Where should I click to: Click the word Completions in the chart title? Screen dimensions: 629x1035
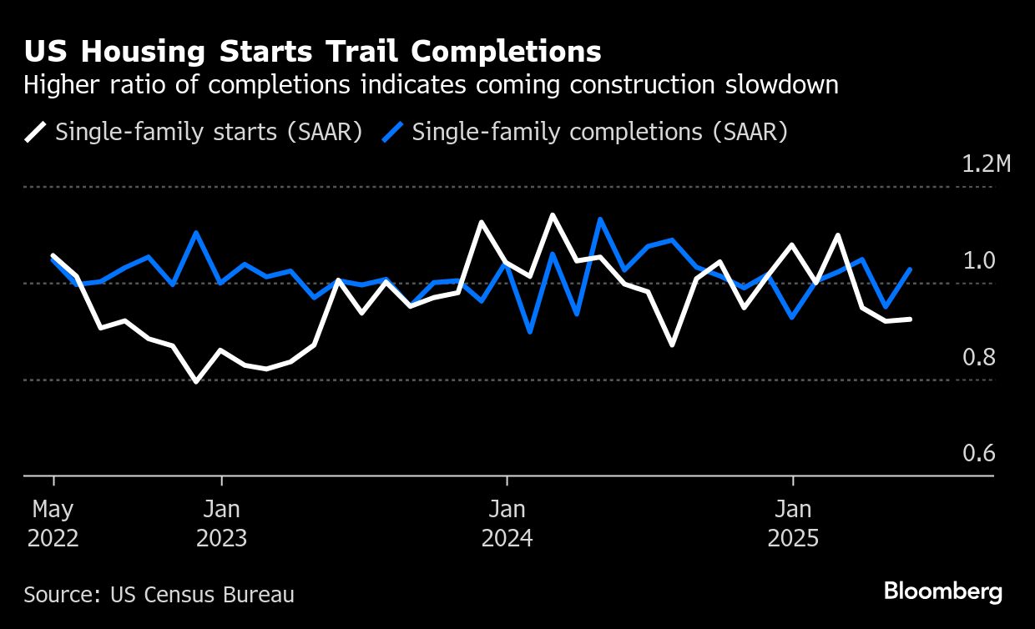click(506, 52)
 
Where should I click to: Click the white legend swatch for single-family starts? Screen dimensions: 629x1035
click(36, 132)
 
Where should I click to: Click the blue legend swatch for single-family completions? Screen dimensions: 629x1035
click(393, 132)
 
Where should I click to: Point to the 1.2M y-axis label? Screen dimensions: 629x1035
click(986, 164)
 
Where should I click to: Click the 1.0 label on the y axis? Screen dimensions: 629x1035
click(980, 260)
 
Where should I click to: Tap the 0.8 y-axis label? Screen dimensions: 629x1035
click(980, 357)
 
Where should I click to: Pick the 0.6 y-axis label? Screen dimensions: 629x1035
click(980, 453)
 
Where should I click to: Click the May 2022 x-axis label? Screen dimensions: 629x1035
click(53, 523)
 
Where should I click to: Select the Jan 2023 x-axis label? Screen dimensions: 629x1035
click(221, 523)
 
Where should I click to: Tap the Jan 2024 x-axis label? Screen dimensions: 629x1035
click(507, 523)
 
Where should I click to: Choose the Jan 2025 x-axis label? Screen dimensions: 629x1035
click(792, 523)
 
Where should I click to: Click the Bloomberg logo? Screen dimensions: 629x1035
click(943, 591)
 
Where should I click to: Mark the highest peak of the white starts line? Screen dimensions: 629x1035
click(553, 214)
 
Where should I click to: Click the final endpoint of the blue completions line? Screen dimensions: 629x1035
click(910, 269)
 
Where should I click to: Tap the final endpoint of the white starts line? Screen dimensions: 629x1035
click(910, 319)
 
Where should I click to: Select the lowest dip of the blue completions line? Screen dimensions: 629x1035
click(530, 332)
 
